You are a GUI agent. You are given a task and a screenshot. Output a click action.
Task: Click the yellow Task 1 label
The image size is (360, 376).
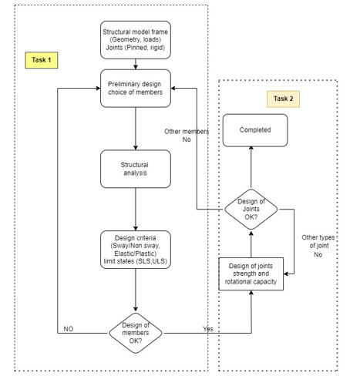coord(42,59)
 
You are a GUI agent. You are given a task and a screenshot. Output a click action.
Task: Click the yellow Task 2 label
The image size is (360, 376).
coord(283,99)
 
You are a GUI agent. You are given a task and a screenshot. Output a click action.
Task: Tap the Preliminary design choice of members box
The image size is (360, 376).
coord(135,89)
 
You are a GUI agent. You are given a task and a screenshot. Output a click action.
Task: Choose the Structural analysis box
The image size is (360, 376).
coord(135,168)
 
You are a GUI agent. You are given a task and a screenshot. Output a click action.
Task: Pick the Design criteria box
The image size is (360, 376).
coord(135,250)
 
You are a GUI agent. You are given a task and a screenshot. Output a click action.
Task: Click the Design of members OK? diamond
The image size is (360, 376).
coord(135,333)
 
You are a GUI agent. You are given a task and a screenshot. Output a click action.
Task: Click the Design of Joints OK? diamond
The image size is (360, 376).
coord(251,209)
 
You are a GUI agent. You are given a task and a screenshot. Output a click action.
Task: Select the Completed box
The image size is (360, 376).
coord(254,130)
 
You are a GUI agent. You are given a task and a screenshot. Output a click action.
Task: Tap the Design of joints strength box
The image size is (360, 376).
coord(251,274)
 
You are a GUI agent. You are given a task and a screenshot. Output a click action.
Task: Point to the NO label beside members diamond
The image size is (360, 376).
coord(68,328)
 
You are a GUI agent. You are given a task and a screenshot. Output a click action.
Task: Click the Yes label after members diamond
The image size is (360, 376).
coord(207,328)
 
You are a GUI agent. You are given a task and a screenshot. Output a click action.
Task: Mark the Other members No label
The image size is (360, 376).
coord(187,136)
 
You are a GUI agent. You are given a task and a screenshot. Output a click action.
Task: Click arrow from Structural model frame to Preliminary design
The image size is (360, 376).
coord(135,65)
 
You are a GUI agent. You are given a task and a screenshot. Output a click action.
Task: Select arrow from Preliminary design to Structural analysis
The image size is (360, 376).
coord(135,128)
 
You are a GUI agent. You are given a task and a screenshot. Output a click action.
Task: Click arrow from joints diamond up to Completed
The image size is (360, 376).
coord(251,167)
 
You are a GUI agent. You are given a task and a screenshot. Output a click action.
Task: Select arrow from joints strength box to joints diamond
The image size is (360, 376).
coord(251,243)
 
